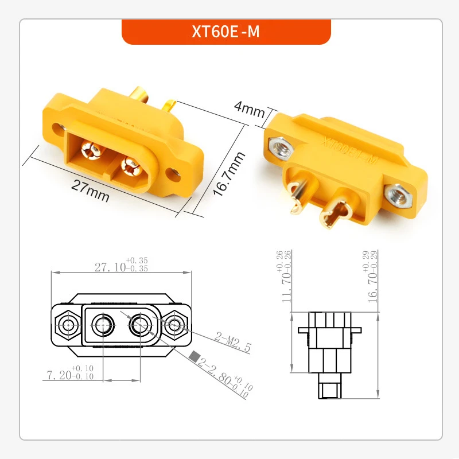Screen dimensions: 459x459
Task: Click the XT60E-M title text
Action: point(226,32)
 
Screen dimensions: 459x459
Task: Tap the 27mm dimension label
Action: point(90,190)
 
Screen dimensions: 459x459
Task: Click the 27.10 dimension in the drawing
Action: point(112,267)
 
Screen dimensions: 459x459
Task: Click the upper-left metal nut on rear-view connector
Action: point(281,147)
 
